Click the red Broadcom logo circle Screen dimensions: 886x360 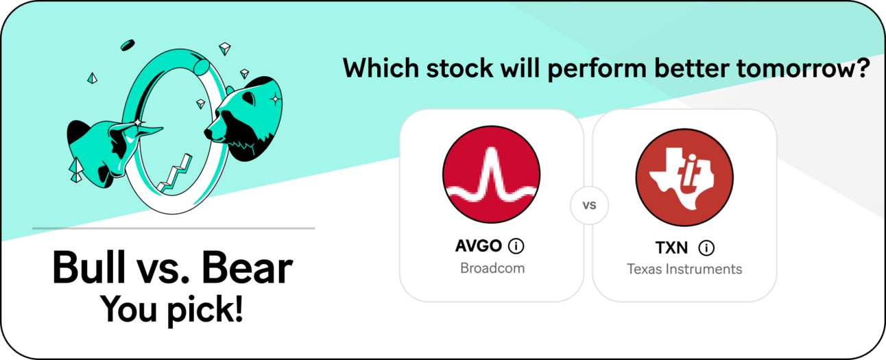point(491,174)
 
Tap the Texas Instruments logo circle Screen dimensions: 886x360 point(684,177)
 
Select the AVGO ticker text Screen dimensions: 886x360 point(479,246)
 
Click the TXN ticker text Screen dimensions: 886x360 point(671,248)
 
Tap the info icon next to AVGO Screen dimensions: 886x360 point(516,246)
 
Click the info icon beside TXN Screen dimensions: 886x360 point(706,248)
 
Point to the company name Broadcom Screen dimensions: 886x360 point(492,268)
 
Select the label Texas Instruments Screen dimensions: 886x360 point(684,269)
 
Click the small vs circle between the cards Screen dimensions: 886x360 point(589,205)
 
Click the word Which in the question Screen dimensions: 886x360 point(381,68)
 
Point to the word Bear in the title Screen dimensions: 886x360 point(247,267)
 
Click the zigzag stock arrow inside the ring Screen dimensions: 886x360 point(175,173)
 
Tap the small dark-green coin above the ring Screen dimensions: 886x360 point(128,45)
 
